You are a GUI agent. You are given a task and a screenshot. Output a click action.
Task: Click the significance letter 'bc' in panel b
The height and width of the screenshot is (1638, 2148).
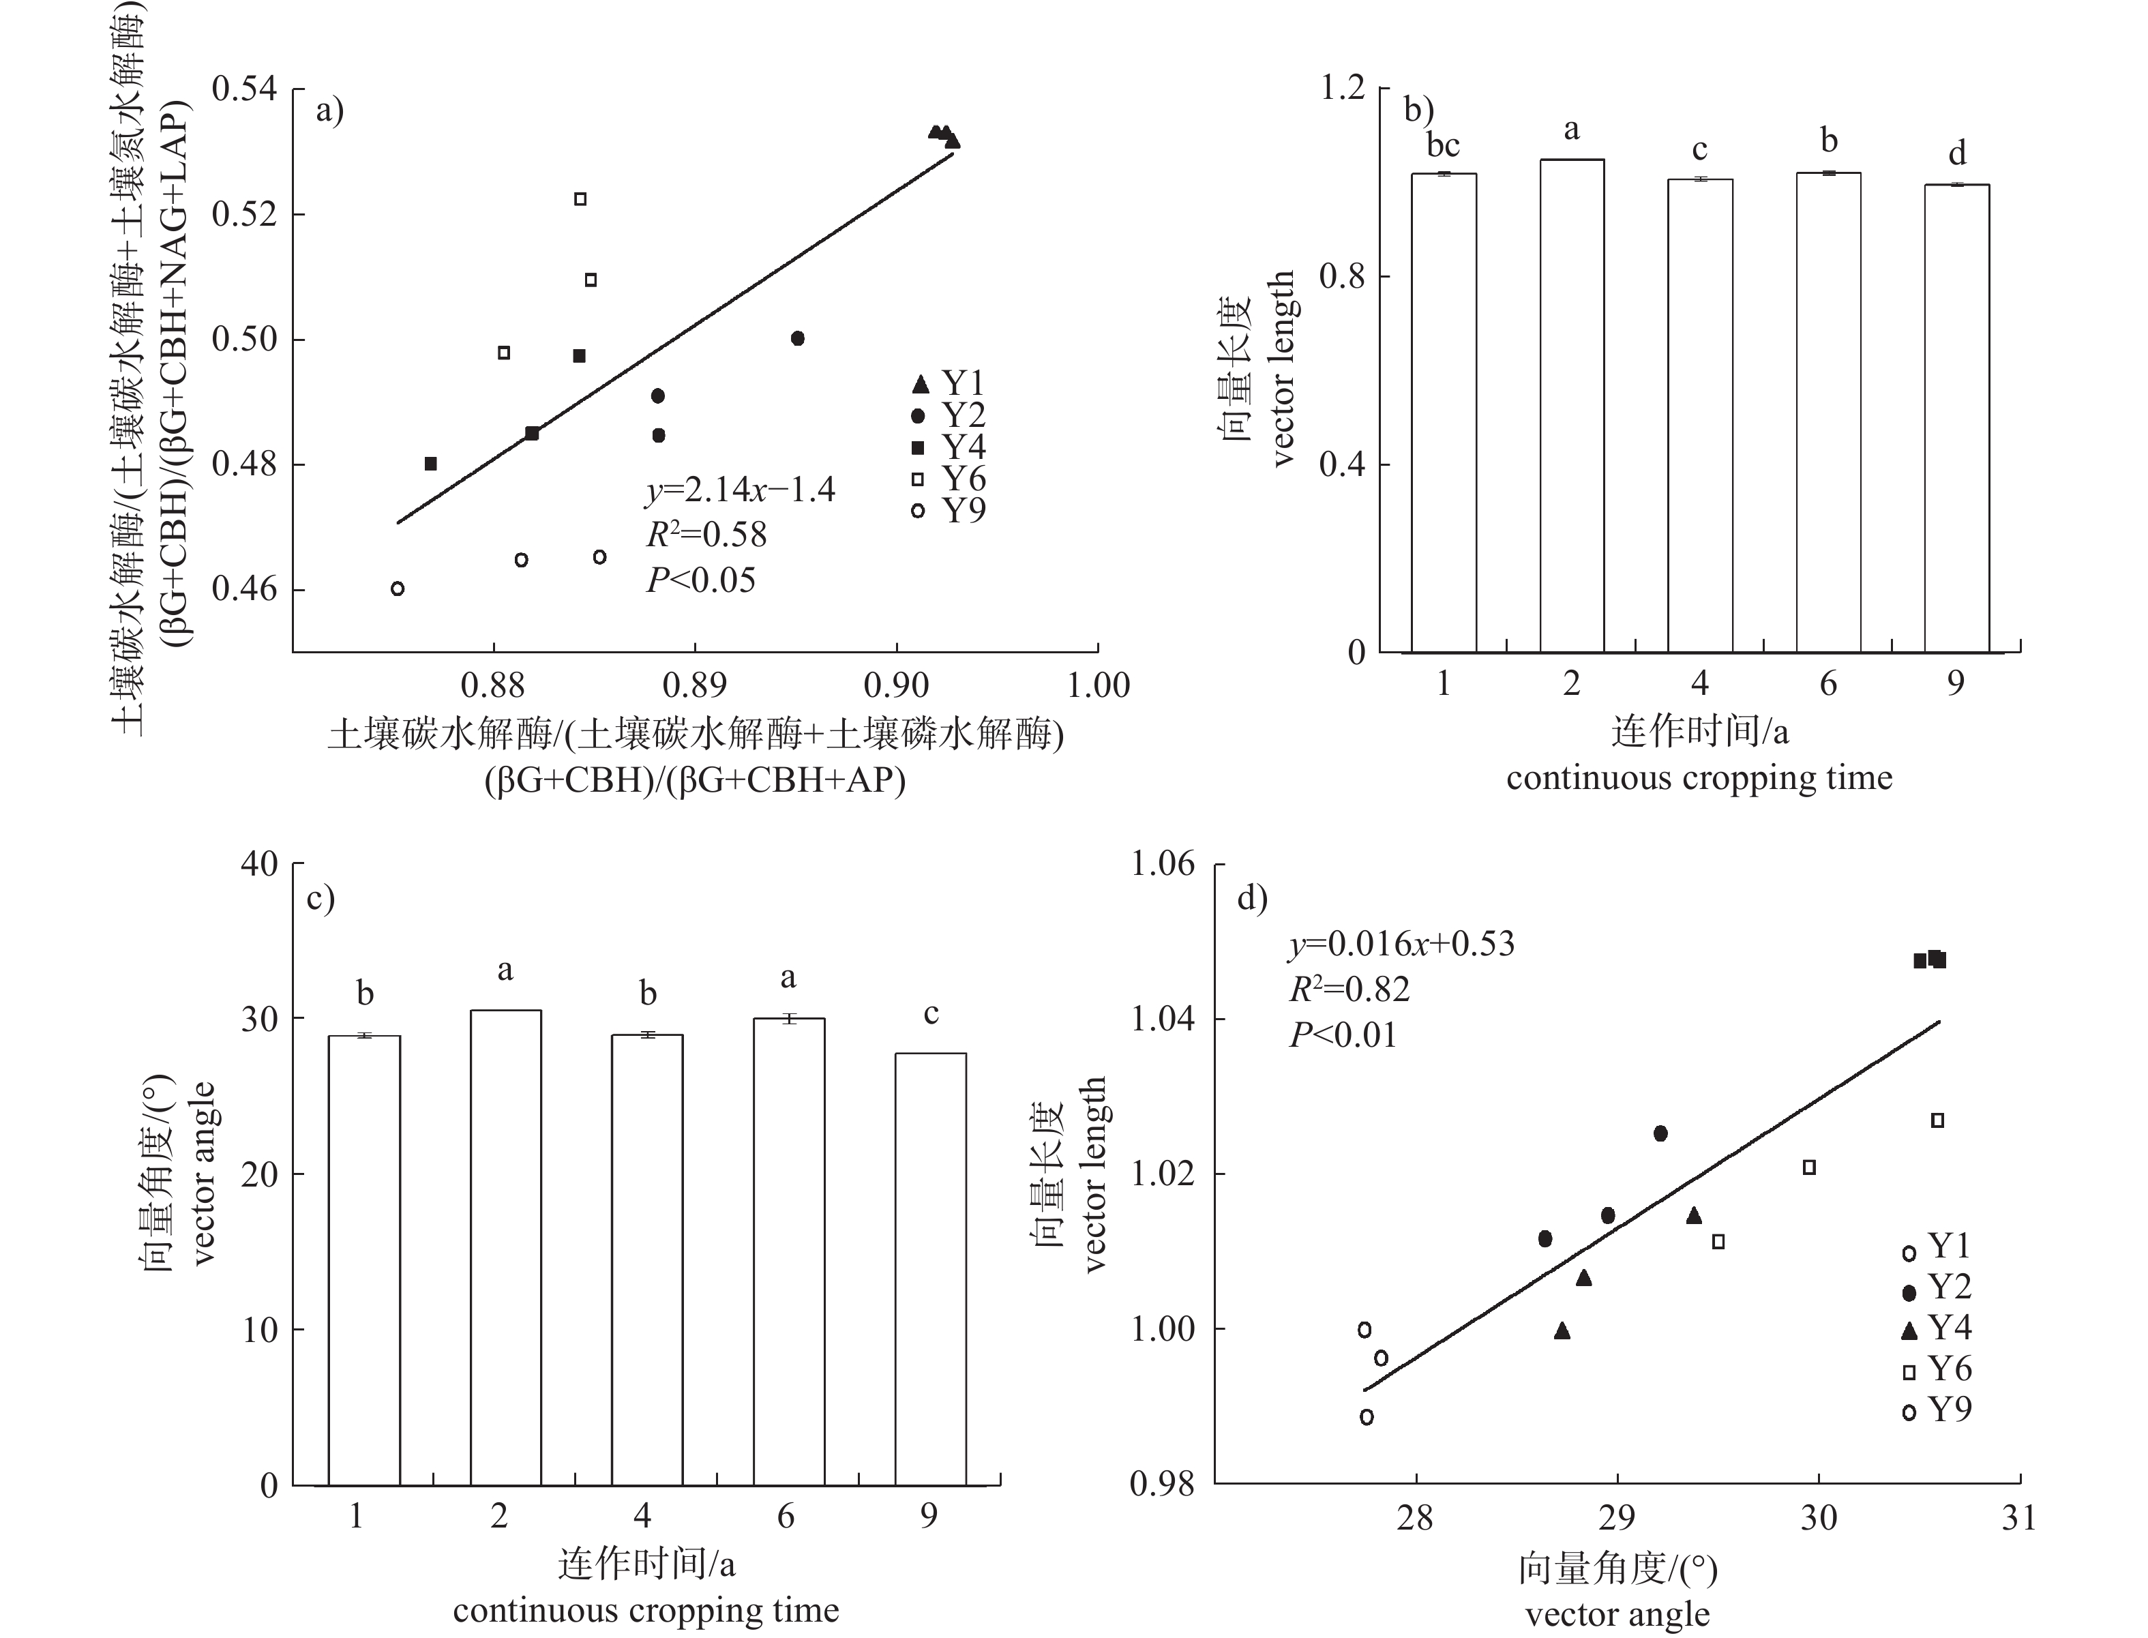click(1443, 146)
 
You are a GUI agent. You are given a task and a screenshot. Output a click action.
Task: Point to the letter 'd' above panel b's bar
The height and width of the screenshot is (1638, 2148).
click(1956, 153)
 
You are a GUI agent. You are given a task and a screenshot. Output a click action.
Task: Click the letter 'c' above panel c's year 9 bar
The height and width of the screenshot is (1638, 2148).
click(931, 1014)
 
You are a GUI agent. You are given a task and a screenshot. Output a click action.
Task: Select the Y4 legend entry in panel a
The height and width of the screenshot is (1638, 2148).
click(950, 447)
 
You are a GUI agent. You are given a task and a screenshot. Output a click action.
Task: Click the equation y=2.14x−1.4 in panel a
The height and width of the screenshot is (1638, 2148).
click(740, 490)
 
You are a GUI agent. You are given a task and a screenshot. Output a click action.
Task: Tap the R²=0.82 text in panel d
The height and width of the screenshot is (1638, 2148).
click(1349, 989)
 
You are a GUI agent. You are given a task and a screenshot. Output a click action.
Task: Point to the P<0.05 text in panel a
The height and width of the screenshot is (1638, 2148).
click(701, 581)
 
